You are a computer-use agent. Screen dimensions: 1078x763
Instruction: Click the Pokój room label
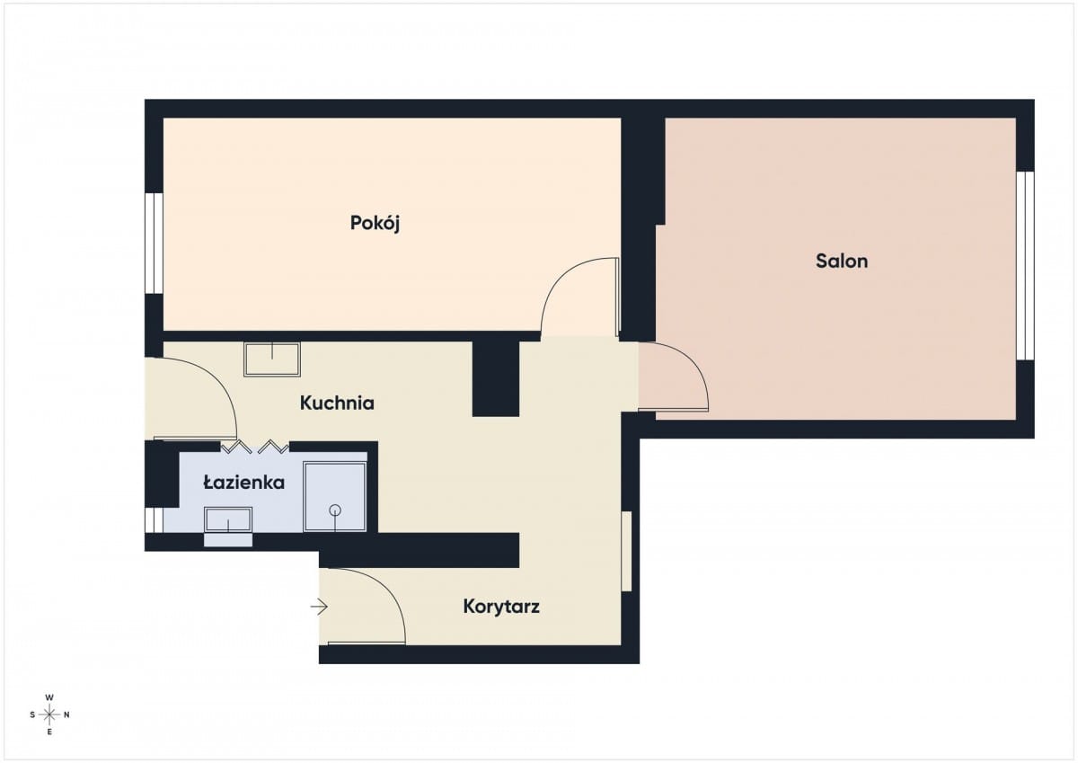click(x=375, y=224)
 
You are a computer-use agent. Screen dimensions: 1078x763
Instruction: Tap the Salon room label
click(x=842, y=261)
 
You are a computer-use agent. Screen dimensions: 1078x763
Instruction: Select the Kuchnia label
click(x=337, y=403)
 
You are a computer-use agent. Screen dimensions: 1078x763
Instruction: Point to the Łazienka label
click(x=244, y=482)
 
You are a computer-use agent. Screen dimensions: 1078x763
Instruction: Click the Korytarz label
click(x=501, y=607)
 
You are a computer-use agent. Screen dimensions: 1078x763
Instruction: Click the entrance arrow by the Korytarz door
click(x=319, y=607)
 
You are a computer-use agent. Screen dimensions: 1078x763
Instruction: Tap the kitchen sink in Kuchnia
click(x=272, y=359)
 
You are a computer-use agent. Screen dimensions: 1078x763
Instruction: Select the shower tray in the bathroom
click(x=335, y=496)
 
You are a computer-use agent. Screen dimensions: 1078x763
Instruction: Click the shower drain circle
click(x=335, y=510)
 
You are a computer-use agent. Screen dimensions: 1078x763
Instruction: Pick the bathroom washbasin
click(x=228, y=519)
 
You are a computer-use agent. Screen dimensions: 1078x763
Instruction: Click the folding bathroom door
click(x=254, y=447)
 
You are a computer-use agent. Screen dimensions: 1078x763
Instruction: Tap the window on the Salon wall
click(x=1026, y=265)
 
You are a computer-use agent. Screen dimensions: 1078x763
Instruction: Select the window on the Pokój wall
click(x=154, y=244)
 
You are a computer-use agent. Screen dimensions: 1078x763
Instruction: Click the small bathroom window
click(x=154, y=519)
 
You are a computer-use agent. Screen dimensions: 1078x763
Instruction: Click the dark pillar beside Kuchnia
click(x=496, y=378)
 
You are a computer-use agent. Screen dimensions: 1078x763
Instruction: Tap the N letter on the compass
click(x=66, y=714)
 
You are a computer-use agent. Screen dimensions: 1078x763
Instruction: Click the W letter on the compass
click(x=49, y=697)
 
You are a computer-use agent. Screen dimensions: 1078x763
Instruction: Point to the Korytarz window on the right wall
click(x=626, y=551)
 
